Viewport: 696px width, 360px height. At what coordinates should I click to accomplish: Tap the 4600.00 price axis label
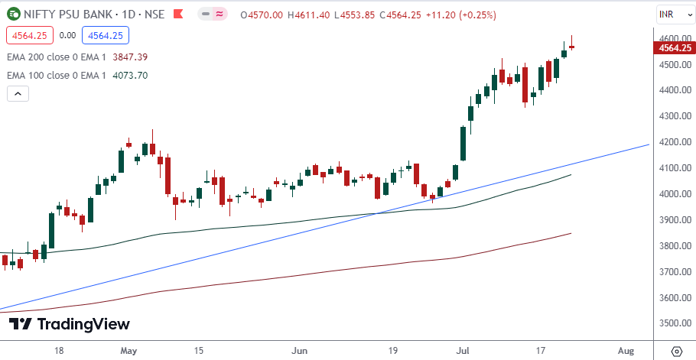point(672,38)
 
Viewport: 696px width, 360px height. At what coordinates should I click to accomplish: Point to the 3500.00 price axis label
point(672,323)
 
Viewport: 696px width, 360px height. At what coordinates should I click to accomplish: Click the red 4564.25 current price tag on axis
point(673,48)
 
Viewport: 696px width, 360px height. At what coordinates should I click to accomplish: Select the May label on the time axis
point(128,351)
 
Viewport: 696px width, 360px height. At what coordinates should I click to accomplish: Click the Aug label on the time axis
point(626,351)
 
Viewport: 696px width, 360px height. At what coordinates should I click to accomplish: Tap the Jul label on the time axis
point(462,351)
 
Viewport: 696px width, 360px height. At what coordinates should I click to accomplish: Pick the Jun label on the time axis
point(300,351)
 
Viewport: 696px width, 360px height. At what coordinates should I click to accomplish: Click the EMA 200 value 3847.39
point(129,57)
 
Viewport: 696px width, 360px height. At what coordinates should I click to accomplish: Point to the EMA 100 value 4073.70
point(129,75)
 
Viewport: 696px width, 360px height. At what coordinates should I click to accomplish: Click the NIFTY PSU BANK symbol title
point(72,15)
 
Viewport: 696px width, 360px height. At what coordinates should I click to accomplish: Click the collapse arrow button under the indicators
point(18,94)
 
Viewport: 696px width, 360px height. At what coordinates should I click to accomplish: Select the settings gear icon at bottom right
point(677,351)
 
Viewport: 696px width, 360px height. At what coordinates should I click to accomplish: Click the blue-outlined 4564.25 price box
point(106,34)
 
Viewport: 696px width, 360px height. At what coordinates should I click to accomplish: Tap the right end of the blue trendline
point(649,144)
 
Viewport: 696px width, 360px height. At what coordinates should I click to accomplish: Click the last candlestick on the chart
point(571,47)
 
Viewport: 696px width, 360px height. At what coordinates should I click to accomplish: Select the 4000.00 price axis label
point(672,194)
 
